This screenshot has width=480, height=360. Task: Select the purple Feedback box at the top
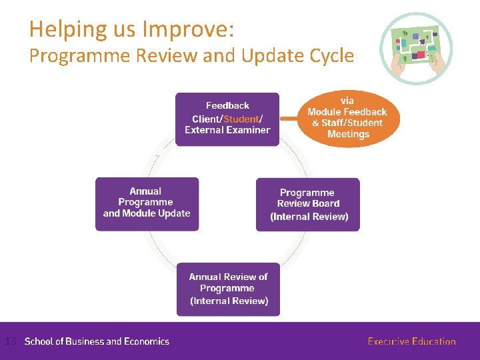pos(227,118)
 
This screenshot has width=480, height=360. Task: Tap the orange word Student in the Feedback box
pos(241,119)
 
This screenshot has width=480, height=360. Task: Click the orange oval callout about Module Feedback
pos(347,117)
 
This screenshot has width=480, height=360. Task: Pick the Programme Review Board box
pos(308,204)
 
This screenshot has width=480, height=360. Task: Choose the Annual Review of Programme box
pos(228,289)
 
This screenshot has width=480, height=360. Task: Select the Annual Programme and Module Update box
pos(147,203)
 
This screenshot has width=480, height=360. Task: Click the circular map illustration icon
pos(416,48)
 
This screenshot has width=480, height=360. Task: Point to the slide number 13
pos(9,341)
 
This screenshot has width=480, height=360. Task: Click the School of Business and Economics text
pos(97,341)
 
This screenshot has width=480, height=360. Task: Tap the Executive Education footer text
pos(411,341)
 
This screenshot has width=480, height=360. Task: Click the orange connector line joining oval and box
pos(288,118)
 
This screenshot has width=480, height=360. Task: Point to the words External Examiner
pos(227,130)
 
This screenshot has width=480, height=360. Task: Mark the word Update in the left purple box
pos(172,213)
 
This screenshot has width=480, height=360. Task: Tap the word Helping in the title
pos(63,30)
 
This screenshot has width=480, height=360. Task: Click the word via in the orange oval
pos(347,101)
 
